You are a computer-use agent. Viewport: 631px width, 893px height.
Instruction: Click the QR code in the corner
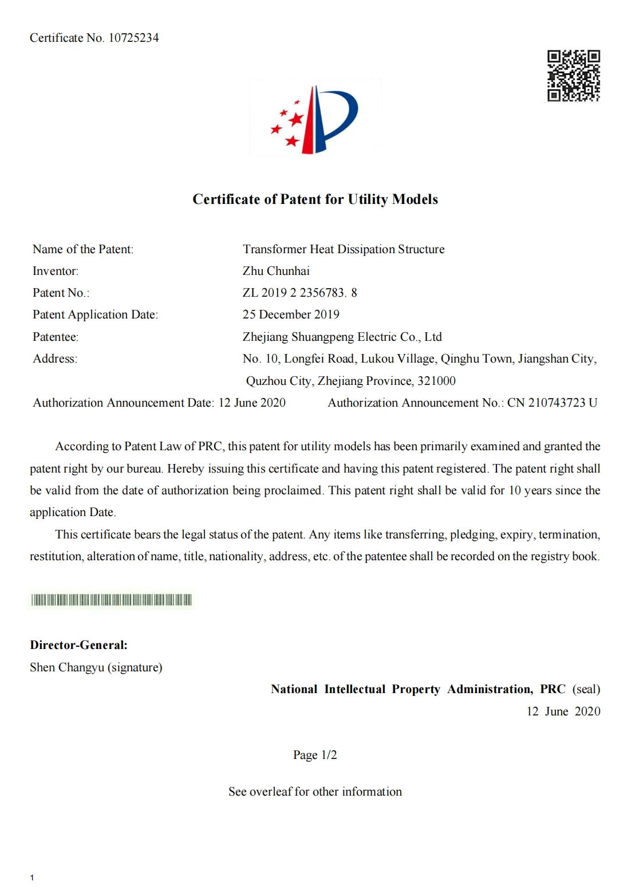pyautogui.click(x=573, y=76)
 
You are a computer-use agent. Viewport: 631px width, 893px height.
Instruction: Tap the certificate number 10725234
pyautogui.click(x=133, y=38)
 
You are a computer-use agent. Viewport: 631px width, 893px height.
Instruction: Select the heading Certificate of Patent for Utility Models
pyautogui.click(x=315, y=199)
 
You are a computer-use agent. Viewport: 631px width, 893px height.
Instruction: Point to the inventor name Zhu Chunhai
pyautogui.click(x=276, y=271)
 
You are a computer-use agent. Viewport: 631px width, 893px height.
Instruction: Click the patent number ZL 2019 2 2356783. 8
pyautogui.click(x=299, y=293)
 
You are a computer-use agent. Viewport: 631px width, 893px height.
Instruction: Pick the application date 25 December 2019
pyautogui.click(x=291, y=314)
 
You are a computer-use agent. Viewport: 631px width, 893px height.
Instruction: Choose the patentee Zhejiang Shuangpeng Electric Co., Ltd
pyautogui.click(x=342, y=337)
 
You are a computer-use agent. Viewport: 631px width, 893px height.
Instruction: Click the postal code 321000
pyautogui.click(x=436, y=381)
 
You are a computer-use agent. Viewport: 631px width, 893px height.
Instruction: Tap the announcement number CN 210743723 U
pyautogui.click(x=552, y=403)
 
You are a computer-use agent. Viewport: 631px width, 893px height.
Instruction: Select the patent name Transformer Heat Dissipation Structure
pyautogui.click(x=344, y=249)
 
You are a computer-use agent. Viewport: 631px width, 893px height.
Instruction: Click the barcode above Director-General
pyautogui.click(x=112, y=600)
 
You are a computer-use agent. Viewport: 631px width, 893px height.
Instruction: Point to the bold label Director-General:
pyautogui.click(x=78, y=645)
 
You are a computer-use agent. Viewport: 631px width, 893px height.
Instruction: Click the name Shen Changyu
pyautogui.click(x=67, y=667)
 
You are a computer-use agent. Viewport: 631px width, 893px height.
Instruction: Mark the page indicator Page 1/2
pyautogui.click(x=315, y=755)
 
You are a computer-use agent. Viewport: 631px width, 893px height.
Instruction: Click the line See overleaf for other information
pyautogui.click(x=315, y=792)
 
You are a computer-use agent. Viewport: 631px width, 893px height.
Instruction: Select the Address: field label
pyautogui.click(x=55, y=359)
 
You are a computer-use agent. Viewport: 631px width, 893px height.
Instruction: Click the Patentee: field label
pyautogui.click(x=56, y=337)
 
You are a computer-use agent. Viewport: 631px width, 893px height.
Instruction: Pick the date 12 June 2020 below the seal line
pyautogui.click(x=563, y=711)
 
